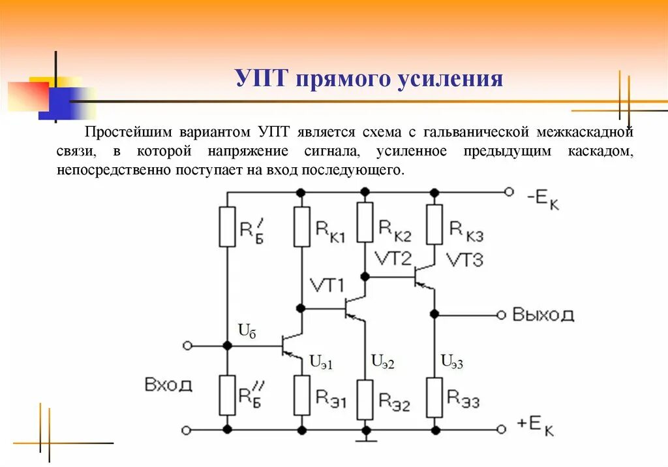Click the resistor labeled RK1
click(301, 227)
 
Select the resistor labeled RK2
click(365, 222)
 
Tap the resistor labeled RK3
click(434, 224)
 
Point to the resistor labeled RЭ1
click(301, 395)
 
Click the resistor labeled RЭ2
click(365, 399)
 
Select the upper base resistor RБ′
click(227, 227)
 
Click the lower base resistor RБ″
click(227, 395)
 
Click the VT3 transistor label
click(464, 261)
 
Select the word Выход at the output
click(543, 315)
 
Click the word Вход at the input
click(168, 384)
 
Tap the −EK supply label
click(539, 199)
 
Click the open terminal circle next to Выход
click(501, 315)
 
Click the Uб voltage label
click(247, 330)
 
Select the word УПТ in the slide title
click(261, 79)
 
